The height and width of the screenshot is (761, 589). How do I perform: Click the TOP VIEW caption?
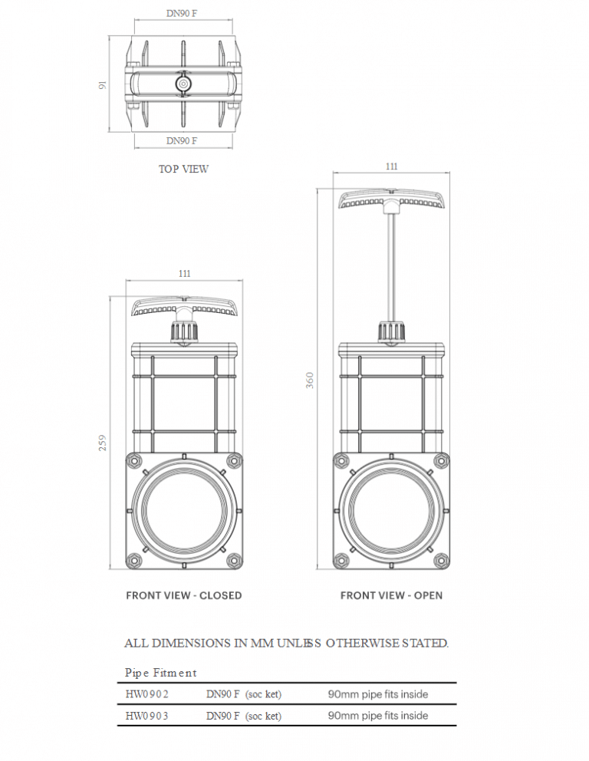coord(183,169)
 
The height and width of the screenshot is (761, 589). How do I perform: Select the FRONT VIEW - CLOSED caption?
coord(183,595)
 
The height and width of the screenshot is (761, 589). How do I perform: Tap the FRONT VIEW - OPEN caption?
coord(391,595)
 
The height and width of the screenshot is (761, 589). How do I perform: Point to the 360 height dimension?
coord(310,380)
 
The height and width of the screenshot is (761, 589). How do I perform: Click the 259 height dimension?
coord(103,443)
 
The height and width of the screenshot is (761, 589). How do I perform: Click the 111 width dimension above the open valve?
coord(391,166)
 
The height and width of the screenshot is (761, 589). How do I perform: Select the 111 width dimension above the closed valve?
coord(184,273)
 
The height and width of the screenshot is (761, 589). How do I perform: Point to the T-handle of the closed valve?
coord(184,307)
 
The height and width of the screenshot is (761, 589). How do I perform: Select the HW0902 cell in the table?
coord(147,694)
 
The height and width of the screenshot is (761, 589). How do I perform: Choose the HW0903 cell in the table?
coord(147,716)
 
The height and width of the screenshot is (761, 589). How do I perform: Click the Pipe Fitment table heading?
coord(160,673)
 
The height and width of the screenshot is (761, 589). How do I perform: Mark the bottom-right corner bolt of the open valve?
coord(440,561)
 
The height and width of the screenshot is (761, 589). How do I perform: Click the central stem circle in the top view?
coord(183,83)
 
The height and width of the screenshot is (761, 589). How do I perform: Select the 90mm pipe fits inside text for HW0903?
coord(378,716)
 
